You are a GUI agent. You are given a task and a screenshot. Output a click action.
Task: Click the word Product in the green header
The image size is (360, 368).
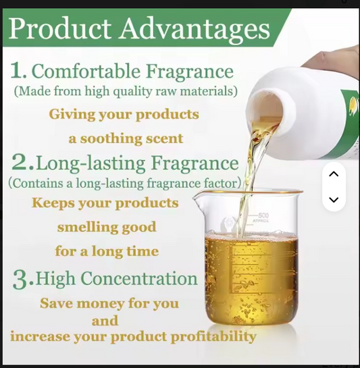pyautogui.click(x=60, y=28)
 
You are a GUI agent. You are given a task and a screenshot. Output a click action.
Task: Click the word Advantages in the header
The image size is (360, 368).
pyautogui.click(x=195, y=30)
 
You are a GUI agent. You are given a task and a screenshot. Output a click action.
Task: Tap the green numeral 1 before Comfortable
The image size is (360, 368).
pyautogui.click(x=18, y=70)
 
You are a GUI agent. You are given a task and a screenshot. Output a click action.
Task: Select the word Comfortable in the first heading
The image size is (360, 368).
pyautogui.click(x=86, y=71)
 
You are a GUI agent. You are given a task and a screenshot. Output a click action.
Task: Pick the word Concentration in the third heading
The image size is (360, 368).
pyautogui.click(x=139, y=278)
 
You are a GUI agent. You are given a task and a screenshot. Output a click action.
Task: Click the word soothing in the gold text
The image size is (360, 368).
pyautogui.click(x=111, y=138)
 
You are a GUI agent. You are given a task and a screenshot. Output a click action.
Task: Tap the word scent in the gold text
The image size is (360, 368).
pyautogui.click(x=164, y=138)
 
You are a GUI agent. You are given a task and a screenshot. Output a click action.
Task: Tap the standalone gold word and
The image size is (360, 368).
pyautogui.click(x=105, y=321)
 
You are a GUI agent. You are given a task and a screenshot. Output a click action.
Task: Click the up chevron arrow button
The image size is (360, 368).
pyautogui.click(x=334, y=174)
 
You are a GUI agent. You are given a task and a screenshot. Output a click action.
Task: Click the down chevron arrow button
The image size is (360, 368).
pyautogui.click(x=334, y=200)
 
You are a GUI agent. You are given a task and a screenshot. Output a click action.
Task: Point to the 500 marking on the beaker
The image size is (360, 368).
pyautogui.click(x=263, y=215)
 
